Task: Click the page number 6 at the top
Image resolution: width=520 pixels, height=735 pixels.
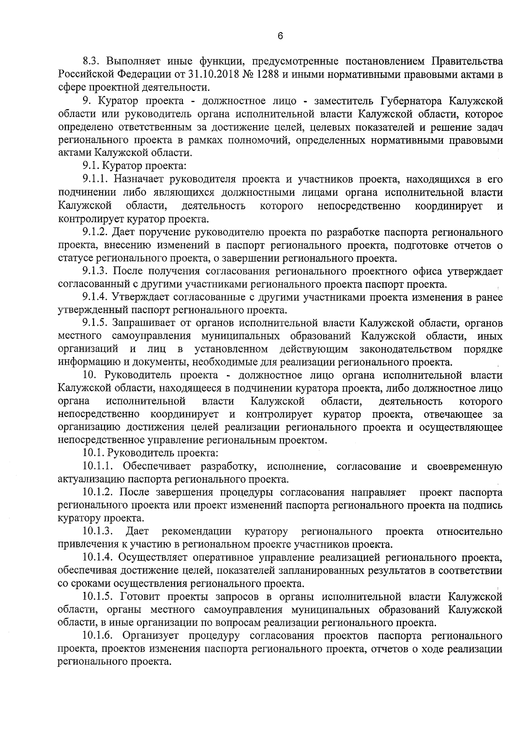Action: tap(280, 36)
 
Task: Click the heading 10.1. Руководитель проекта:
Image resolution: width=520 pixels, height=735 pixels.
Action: tap(150, 453)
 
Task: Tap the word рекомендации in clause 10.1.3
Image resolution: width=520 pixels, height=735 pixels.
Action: tap(197, 531)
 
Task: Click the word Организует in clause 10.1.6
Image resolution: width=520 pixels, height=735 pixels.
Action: tap(150, 636)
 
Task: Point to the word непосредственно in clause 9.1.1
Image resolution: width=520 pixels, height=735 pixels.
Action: tap(359, 206)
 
